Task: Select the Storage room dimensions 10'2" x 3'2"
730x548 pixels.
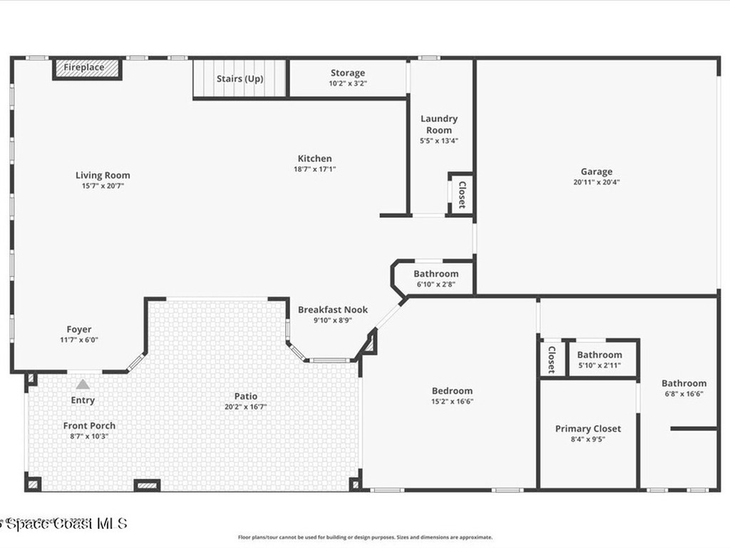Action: [x=347, y=83]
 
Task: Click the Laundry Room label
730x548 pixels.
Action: [x=438, y=124]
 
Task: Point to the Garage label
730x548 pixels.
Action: [x=596, y=171]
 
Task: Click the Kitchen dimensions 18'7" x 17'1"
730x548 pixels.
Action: [x=314, y=169]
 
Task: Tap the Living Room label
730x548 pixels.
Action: [x=103, y=175]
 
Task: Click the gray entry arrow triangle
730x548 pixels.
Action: [x=83, y=385]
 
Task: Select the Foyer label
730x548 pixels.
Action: [x=79, y=330]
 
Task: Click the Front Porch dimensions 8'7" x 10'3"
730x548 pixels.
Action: [x=89, y=436]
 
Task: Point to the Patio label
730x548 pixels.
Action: [x=246, y=396]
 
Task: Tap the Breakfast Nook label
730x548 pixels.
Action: [x=333, y=310]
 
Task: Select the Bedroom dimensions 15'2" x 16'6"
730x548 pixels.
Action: [x=452, y=401]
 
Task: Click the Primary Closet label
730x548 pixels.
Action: [x=587, y=429]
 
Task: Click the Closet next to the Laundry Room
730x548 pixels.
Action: [x=462, y=194]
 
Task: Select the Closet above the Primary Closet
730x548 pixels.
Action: [x=552, y=359]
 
